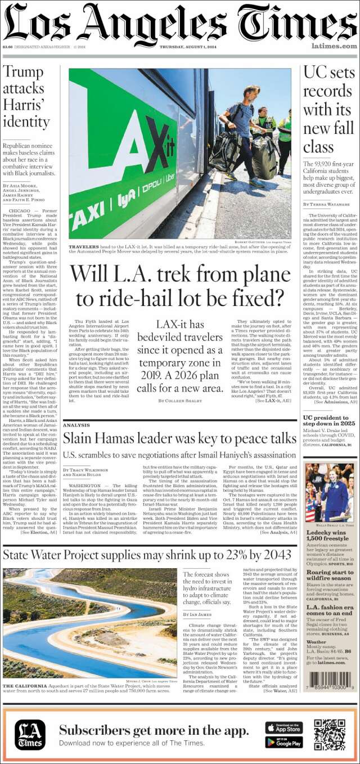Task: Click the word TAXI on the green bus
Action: click(x=87, y=217)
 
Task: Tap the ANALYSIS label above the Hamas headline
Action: click(x=76, y=425)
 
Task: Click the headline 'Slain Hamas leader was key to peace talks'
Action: click(x=179, y=439)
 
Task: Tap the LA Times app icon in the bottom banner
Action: click(x=30, y=735)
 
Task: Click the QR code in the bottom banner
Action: click(x=330, y=735)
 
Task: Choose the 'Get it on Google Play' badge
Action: click(x=284, y=743)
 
